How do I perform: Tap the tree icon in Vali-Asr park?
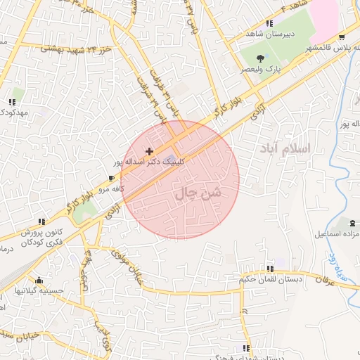[261, 58]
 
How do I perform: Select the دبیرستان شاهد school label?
[269, 34]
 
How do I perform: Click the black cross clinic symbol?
[149, 151]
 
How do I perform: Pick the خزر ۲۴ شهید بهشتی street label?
[76, 50]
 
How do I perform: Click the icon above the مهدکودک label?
[13, 102]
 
